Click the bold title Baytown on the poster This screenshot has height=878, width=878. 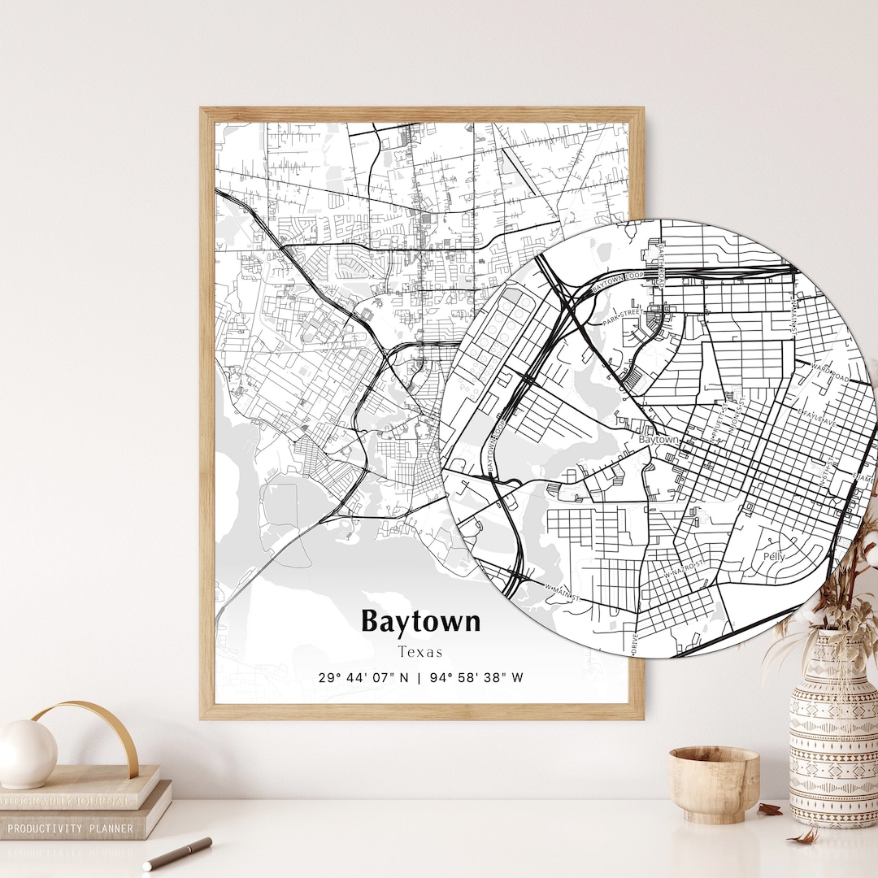coord(420,622)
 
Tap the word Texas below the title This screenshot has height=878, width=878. coord(420,652)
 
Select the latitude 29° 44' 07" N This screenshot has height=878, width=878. coord(363,678)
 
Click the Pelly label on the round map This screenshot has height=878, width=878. coord(774,557)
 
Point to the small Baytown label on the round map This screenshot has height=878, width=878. coord(658,440)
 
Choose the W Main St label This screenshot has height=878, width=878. coord(562,593)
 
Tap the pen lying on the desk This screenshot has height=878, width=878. coord(177,854)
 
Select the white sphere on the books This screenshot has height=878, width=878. coord(27,754)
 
